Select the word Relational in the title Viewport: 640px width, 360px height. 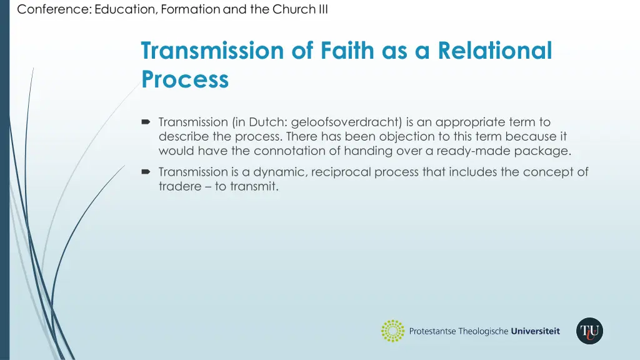(495, 51)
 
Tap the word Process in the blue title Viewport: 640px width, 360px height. (185, 79)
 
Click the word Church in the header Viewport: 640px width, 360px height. (292, 9)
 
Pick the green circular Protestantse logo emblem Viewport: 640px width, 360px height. (393, 331)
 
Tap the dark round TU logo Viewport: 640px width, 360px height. (589, 331)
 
